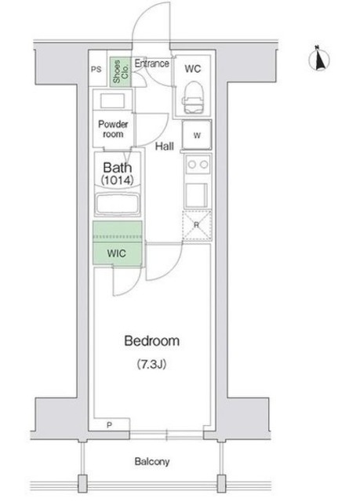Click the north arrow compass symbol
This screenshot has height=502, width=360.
(319, 60)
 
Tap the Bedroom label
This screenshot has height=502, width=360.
(151, 341)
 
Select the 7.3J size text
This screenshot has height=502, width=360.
(151, 364)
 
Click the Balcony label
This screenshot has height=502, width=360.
(151, 461)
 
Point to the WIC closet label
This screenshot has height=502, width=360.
(117, 253)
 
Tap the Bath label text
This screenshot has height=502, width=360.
(118, 167)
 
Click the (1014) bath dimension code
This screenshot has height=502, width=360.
(117, 180)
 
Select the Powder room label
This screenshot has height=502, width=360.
(113, 129)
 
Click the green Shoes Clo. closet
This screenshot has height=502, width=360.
(121, 71)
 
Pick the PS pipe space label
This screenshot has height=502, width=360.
(96, 69)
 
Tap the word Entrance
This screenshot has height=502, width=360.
(151, 64)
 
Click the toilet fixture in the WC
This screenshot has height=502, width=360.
(193, 97)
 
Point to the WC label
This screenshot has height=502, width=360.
(193, 69)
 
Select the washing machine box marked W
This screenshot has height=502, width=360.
(197, 134)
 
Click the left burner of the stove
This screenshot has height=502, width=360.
(192, 165)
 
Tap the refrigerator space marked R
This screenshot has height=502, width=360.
(197, 225)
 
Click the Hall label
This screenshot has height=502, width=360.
(165, 147)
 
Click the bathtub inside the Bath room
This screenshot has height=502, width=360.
(118, 204)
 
